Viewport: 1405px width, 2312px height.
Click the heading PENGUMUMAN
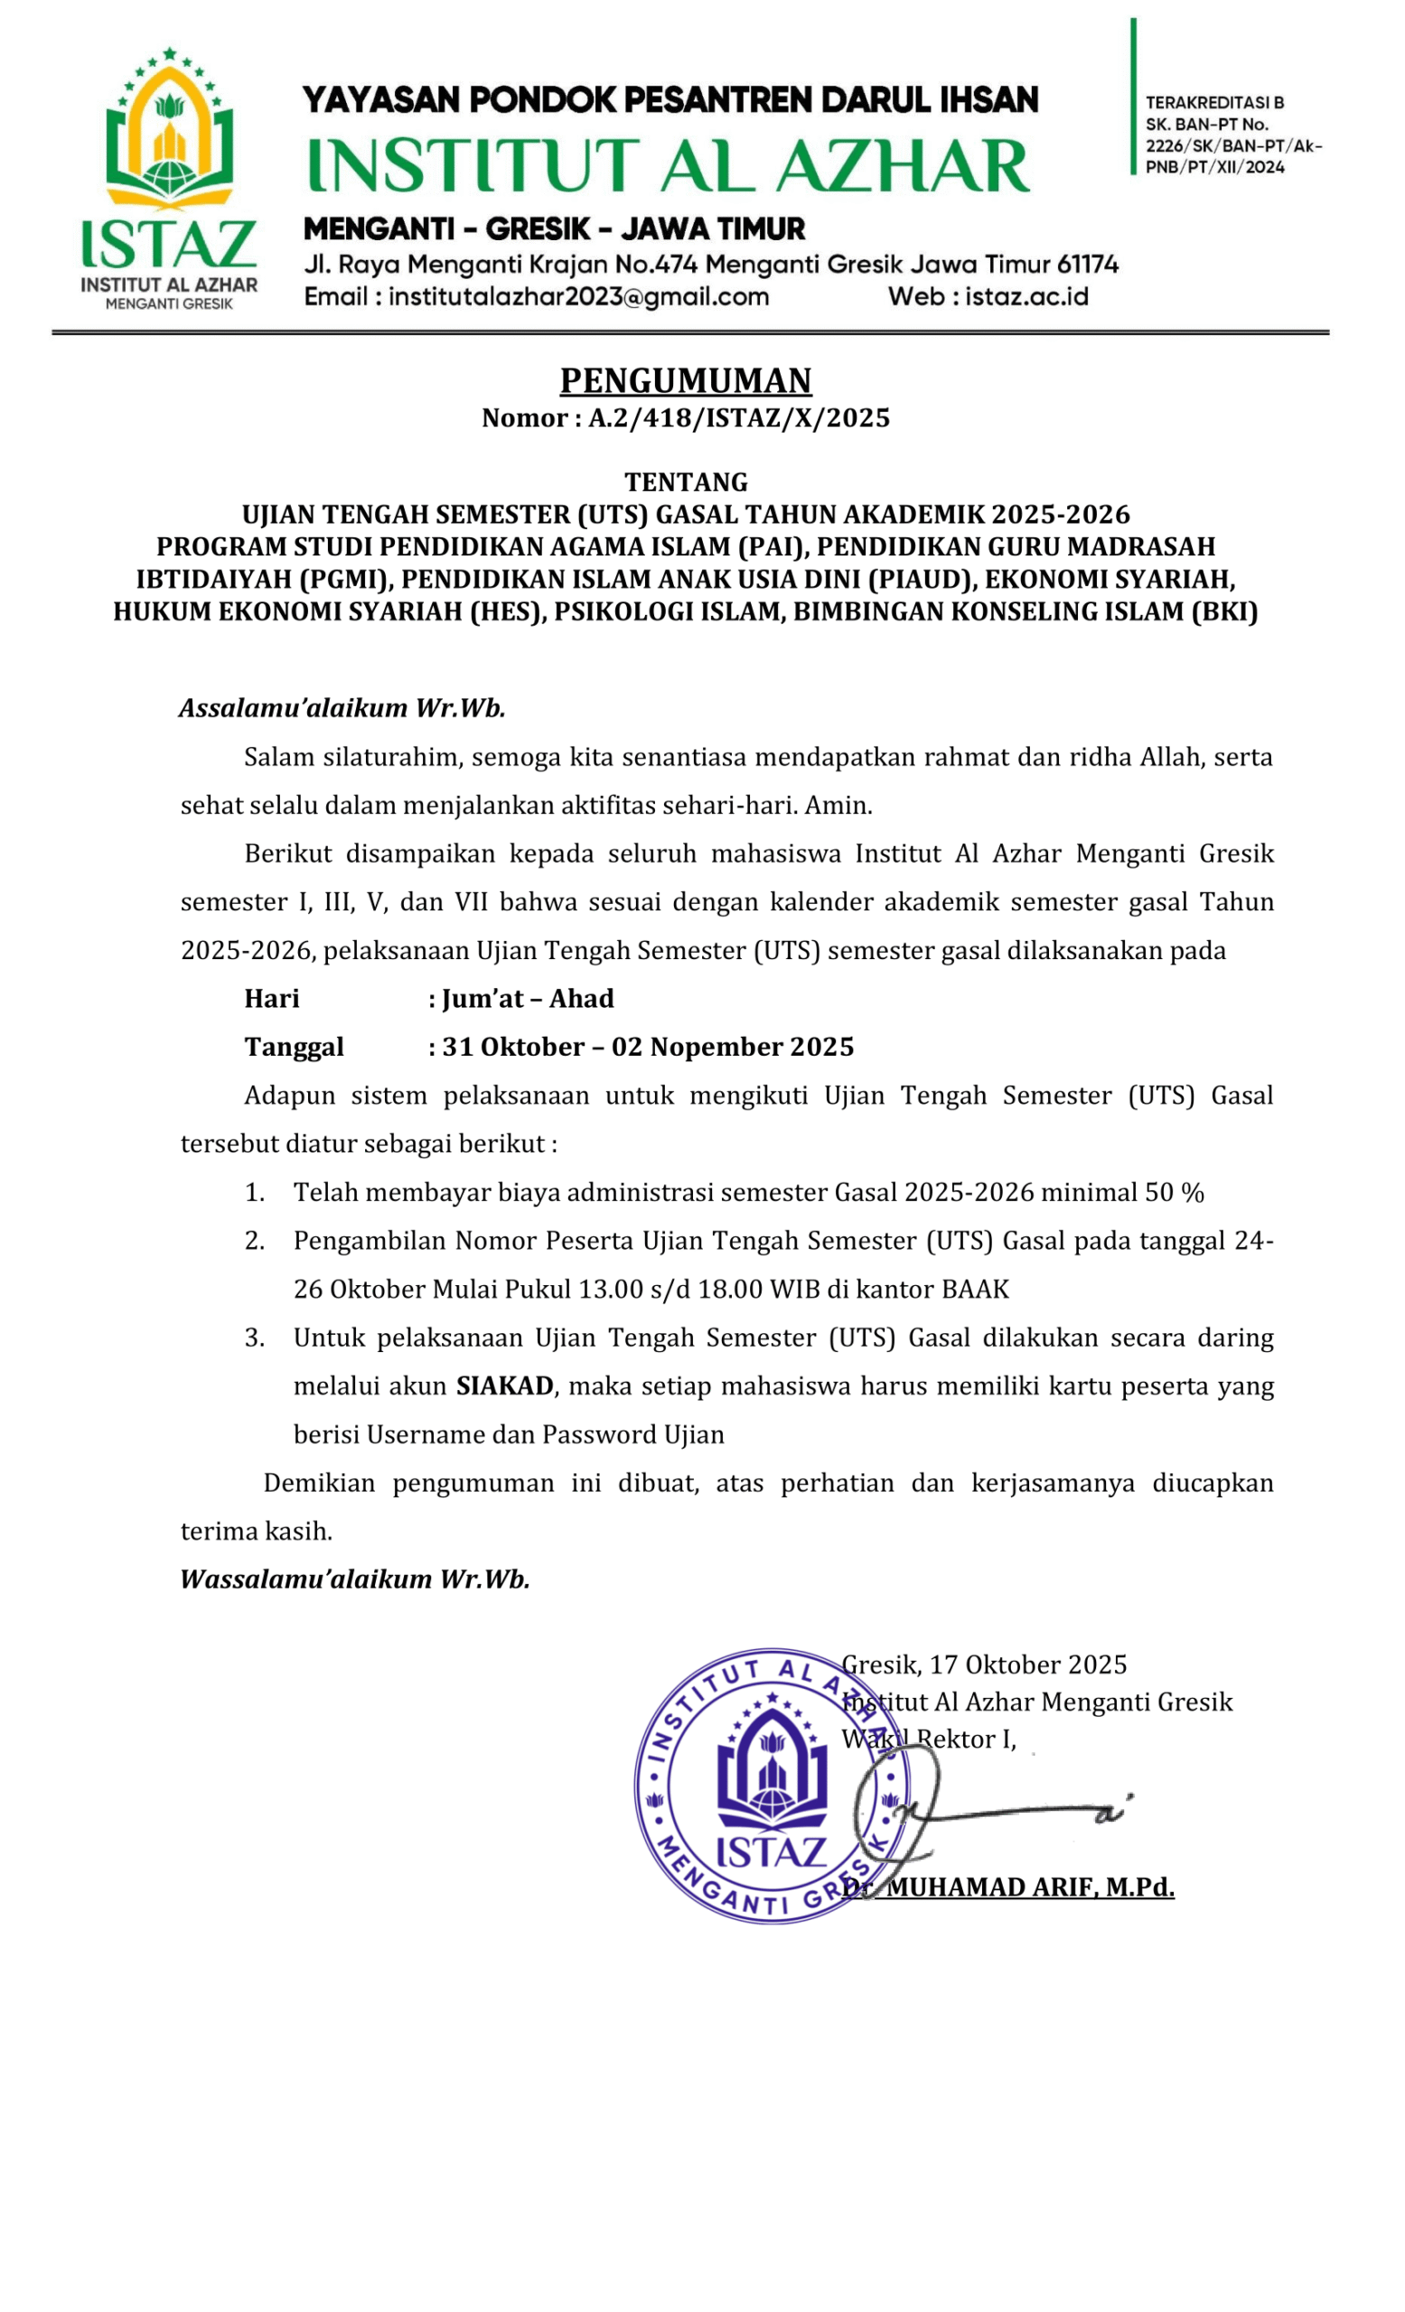click(x=685, y=381)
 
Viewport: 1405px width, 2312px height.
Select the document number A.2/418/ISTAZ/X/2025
click(x=738, y=418)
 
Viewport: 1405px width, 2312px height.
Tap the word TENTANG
click(x=686, y=482)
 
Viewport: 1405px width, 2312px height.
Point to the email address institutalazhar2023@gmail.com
click(x=578, y=297)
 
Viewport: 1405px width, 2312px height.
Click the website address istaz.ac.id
click(x=1026, y=297)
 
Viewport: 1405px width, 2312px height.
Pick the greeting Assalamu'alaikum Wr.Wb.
click(x=342, y=707)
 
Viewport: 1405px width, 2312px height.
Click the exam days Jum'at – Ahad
click(x=528, y=998)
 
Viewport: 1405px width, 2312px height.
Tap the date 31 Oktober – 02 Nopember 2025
click(x=648, y=1047)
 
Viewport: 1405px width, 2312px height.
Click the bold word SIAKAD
click(x=504, y=1386)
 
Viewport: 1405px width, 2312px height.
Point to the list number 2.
click(x=253, y=1241)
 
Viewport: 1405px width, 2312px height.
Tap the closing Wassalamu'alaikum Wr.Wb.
click(x=355, y=1580)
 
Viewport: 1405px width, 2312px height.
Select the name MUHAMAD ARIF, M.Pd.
click(x=1030, y=1887)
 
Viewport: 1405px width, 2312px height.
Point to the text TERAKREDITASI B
click(x=1213, y=102)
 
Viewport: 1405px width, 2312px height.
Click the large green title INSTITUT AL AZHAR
click(x=669, y=165)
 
